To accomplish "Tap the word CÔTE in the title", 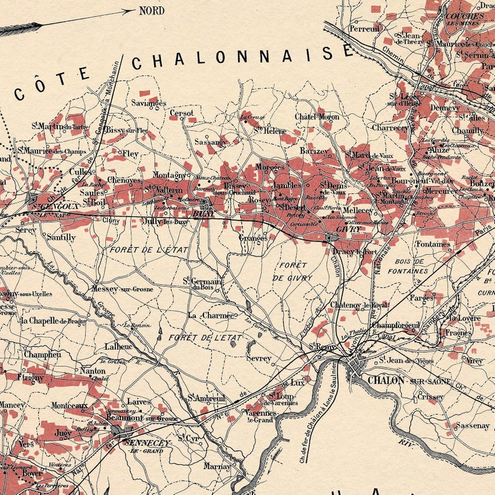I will (52, 85).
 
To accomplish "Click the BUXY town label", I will (199, 214).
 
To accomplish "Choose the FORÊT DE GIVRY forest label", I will (290, 271).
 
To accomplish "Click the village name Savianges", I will (149, 102).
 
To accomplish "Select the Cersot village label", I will (181, 113).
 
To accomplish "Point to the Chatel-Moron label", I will (317, 117).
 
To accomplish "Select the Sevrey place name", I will (259, 358).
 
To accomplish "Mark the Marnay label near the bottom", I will (216, 466).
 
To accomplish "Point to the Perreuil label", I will (365, 29).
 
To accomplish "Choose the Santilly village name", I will (61, 238).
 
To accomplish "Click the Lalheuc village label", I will (118, 346).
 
